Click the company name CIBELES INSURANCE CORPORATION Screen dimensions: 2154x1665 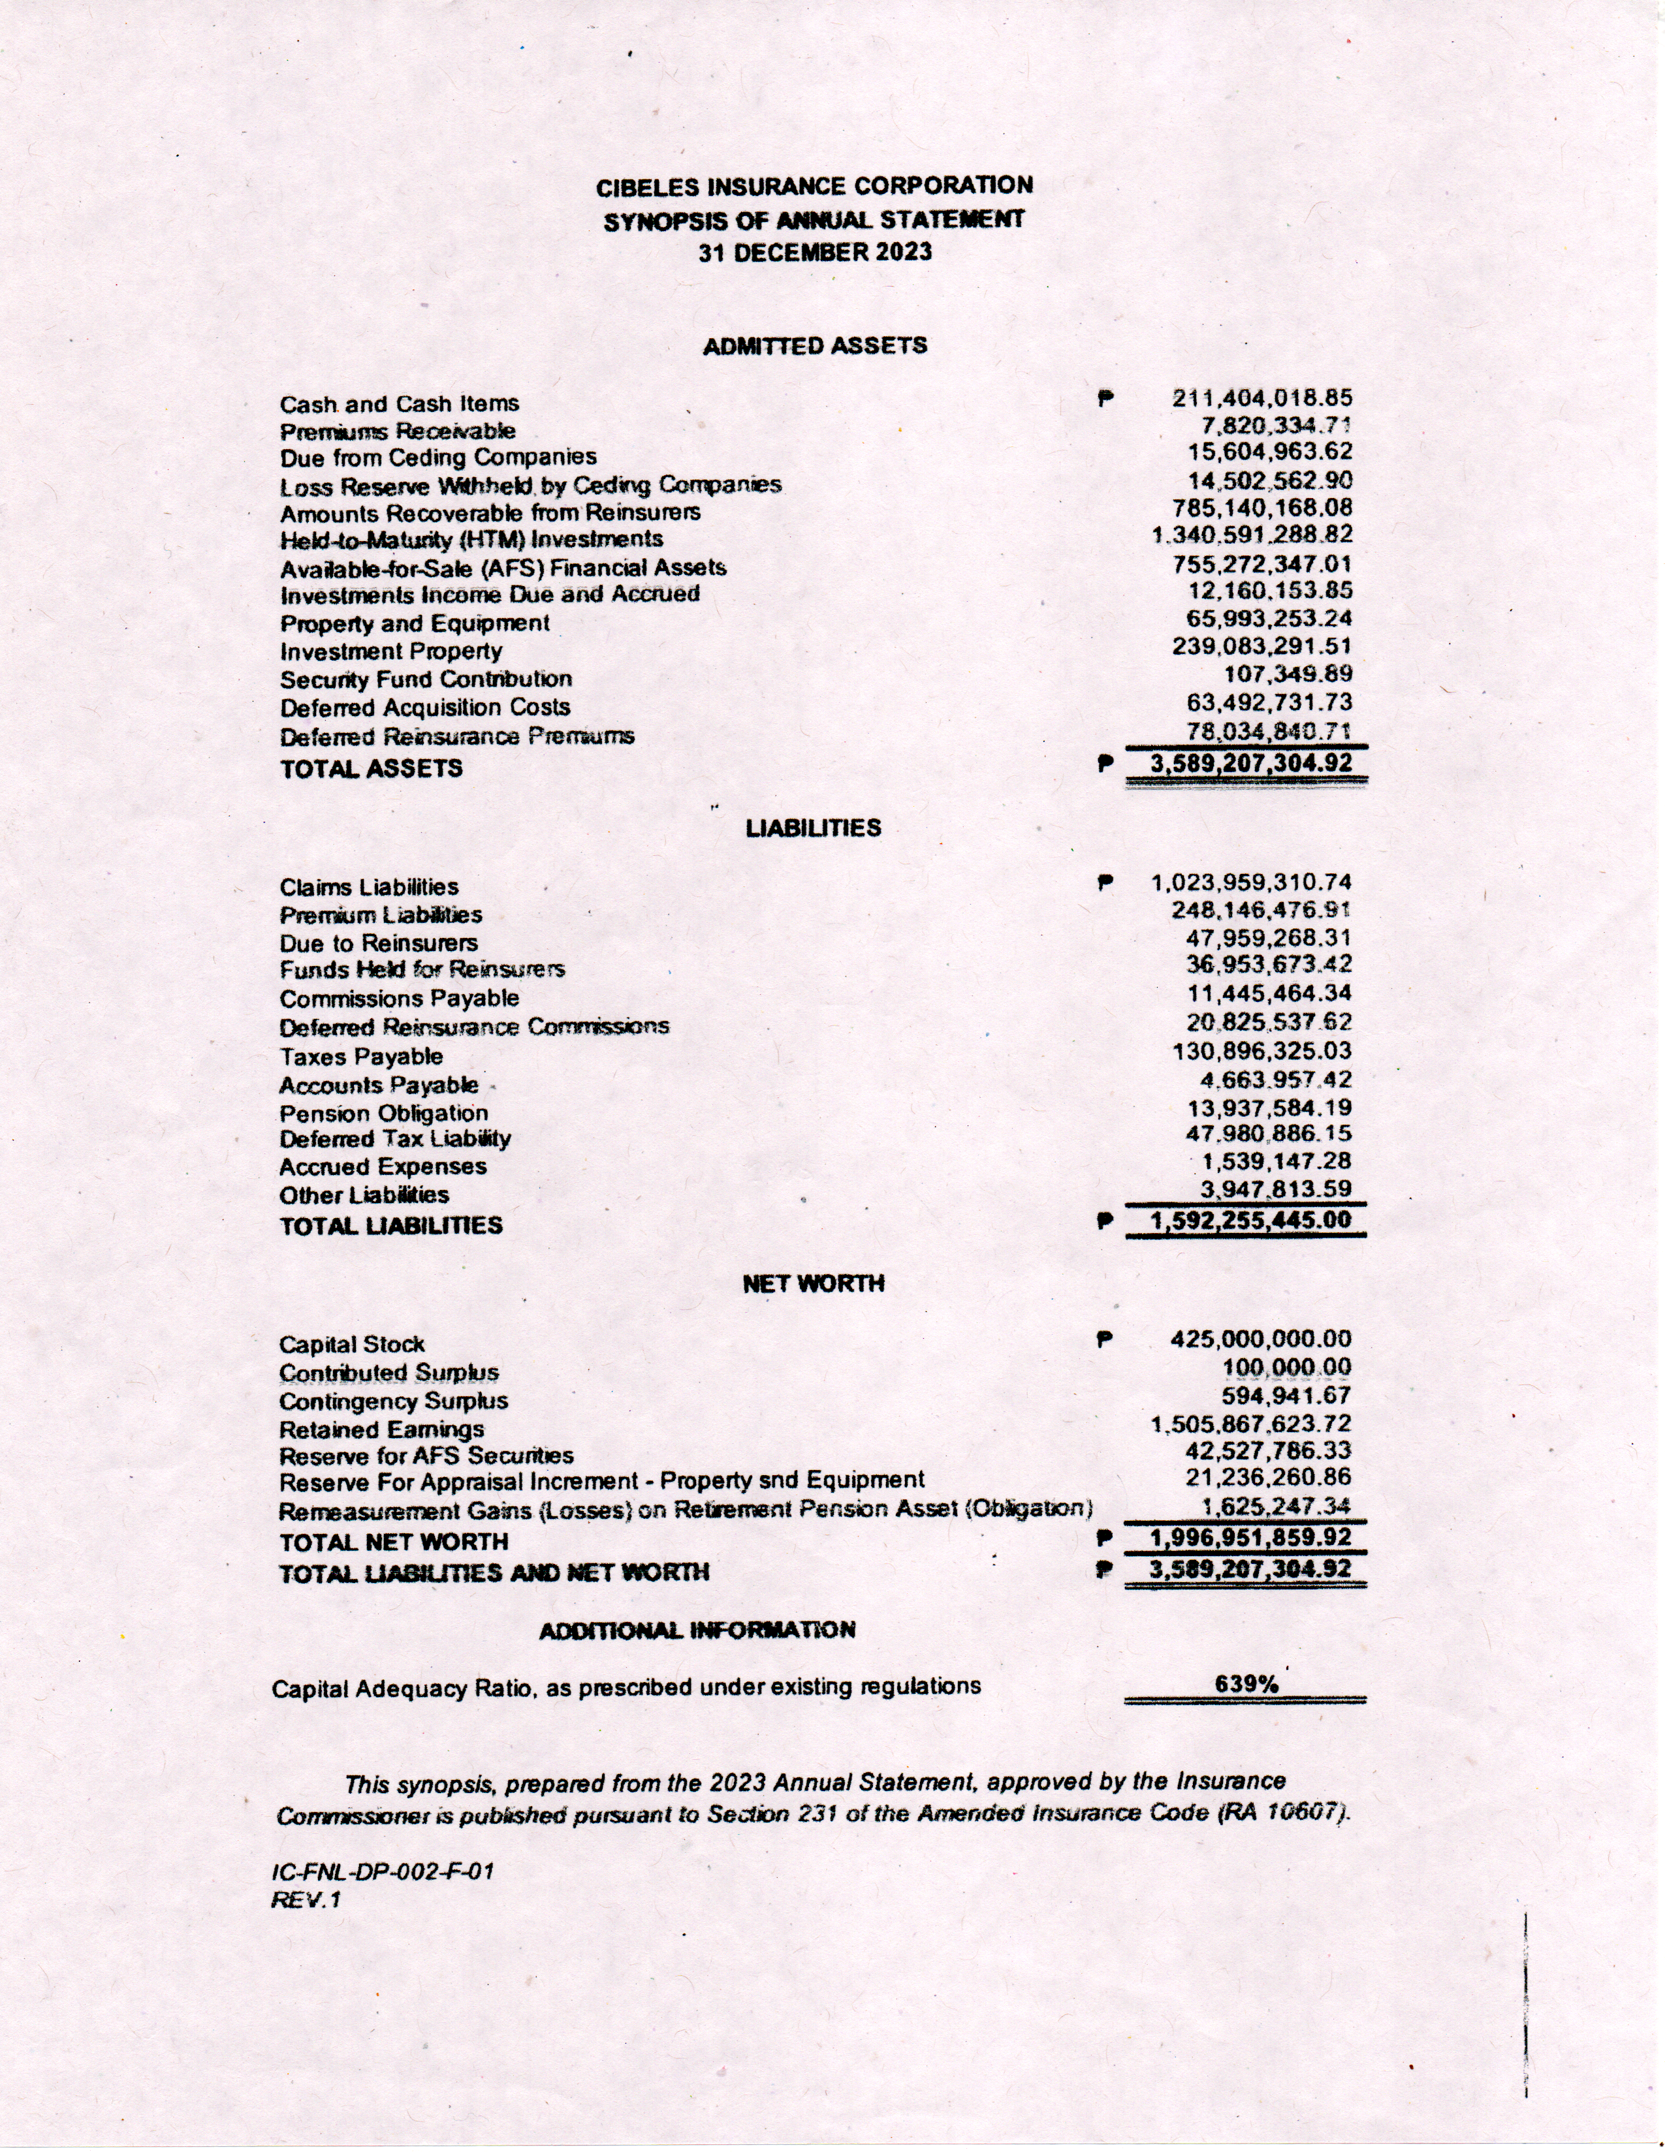[x=815, y=185]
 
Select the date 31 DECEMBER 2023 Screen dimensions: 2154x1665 [x=815, y=253]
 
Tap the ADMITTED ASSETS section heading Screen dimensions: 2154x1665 [x=815, y=346]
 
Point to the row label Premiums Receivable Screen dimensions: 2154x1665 [x=398, y=431]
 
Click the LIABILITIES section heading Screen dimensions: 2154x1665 [x=813, y=828]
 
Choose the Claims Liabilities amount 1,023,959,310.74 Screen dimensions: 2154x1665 [x=1251, y=882]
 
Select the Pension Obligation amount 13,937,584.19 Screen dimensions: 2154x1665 [x=1269, y=1108]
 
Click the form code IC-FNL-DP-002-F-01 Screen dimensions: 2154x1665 [x=383, y=1871]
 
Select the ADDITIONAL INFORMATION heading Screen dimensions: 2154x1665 [x=697, y=1631]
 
